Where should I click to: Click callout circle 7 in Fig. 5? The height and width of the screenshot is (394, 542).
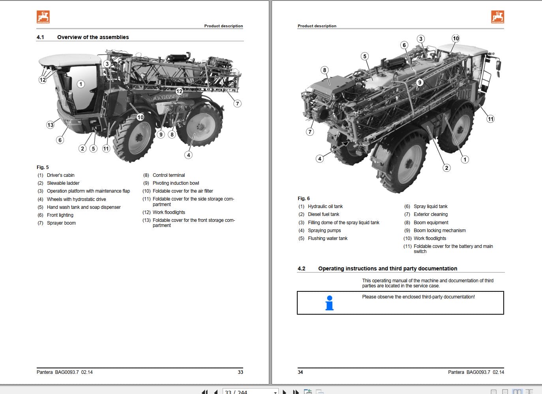tap(237, 103)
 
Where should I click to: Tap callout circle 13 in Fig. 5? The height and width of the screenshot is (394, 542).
tap(50, 125)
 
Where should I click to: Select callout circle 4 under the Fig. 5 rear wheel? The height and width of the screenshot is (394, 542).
tap(189, 155)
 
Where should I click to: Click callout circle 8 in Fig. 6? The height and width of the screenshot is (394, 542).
tap(324, 70)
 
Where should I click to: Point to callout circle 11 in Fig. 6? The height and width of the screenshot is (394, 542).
tap(490, 119)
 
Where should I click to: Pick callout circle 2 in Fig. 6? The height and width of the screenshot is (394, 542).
tap(446, 168)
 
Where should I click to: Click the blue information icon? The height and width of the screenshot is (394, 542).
tap(330, 303)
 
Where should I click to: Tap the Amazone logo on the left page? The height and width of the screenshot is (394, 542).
tap(43, 17)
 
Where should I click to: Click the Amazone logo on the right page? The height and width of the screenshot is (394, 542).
tap(497, 17)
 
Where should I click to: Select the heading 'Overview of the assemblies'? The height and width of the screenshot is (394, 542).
tap(93, 37)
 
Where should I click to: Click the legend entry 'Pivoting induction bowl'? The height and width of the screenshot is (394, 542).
tap(176, 183)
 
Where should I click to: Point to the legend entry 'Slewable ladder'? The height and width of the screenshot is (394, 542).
tap(63, 183)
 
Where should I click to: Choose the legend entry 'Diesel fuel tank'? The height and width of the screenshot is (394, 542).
tap(323, 214)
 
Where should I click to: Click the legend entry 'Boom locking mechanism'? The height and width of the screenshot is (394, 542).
tap(439, 231)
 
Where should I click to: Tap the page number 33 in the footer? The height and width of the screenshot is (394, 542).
tap(240, 372)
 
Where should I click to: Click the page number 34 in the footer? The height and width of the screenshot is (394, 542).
tap(300, 372)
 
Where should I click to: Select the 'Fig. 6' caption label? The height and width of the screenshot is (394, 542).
tap(304, 199)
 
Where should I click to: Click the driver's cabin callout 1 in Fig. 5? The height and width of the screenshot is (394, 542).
tap(81, 84)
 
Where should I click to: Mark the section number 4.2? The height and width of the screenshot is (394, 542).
tap(301, 268)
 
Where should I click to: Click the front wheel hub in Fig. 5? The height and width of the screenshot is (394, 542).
tap(139, 138)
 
